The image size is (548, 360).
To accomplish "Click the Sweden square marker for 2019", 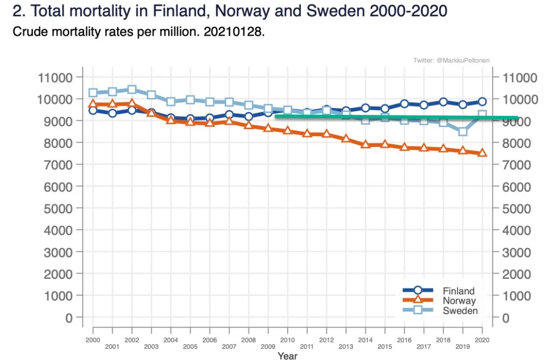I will click(x=462, y=131).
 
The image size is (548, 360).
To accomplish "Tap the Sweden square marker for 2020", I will click(x=482, y=115).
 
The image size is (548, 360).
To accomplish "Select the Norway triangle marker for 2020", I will click(x=482, y=153).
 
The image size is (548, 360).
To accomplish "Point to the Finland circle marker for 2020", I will click(x=482, y=102).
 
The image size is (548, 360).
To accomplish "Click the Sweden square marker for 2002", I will click(x=132, y=90).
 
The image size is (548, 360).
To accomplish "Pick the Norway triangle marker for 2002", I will click(x=132, y=103).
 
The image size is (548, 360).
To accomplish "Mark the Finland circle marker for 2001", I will click(x=113, y=113).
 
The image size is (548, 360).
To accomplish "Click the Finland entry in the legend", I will click(x=458, y=291).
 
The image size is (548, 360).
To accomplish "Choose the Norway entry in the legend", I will click(x=458, y=301).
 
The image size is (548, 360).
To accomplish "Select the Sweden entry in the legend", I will click(x=460, y=311).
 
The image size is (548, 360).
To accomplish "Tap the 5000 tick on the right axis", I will click(x=517, y=208).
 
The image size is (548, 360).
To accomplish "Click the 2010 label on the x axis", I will click(x=287, y=339).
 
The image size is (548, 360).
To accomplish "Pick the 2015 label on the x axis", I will click(x=385, y=346).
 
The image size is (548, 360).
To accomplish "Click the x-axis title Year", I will click(x=287, y=356).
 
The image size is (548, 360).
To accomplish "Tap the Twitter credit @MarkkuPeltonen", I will click(x=451, y=60).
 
